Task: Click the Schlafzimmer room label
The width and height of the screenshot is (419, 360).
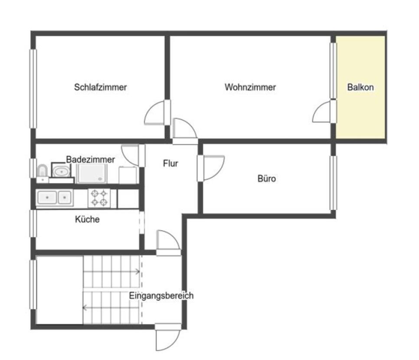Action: point(100,87)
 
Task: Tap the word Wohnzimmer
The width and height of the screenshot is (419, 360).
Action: point(250,87)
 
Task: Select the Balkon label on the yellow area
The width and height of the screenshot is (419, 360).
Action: point(360,87)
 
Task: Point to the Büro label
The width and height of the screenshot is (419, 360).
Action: point(267,178)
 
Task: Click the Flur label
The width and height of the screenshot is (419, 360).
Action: point(170,163)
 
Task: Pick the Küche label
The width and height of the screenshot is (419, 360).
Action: point(87,219)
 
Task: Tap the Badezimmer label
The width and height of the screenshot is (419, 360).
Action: point(90,160)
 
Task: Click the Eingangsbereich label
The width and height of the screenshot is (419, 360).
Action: point(161,295)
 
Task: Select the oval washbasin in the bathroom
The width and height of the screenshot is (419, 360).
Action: point(61,171)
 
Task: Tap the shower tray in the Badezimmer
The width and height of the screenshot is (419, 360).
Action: point(92,174)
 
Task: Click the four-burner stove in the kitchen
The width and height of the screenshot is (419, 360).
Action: point(99,198)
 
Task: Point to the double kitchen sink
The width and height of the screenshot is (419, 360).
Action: point(55,198)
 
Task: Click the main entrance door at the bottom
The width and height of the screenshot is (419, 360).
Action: point(168,337)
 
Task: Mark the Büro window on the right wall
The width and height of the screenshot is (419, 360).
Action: point(333,183)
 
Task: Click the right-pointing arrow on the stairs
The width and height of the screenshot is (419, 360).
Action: point(111,272)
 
